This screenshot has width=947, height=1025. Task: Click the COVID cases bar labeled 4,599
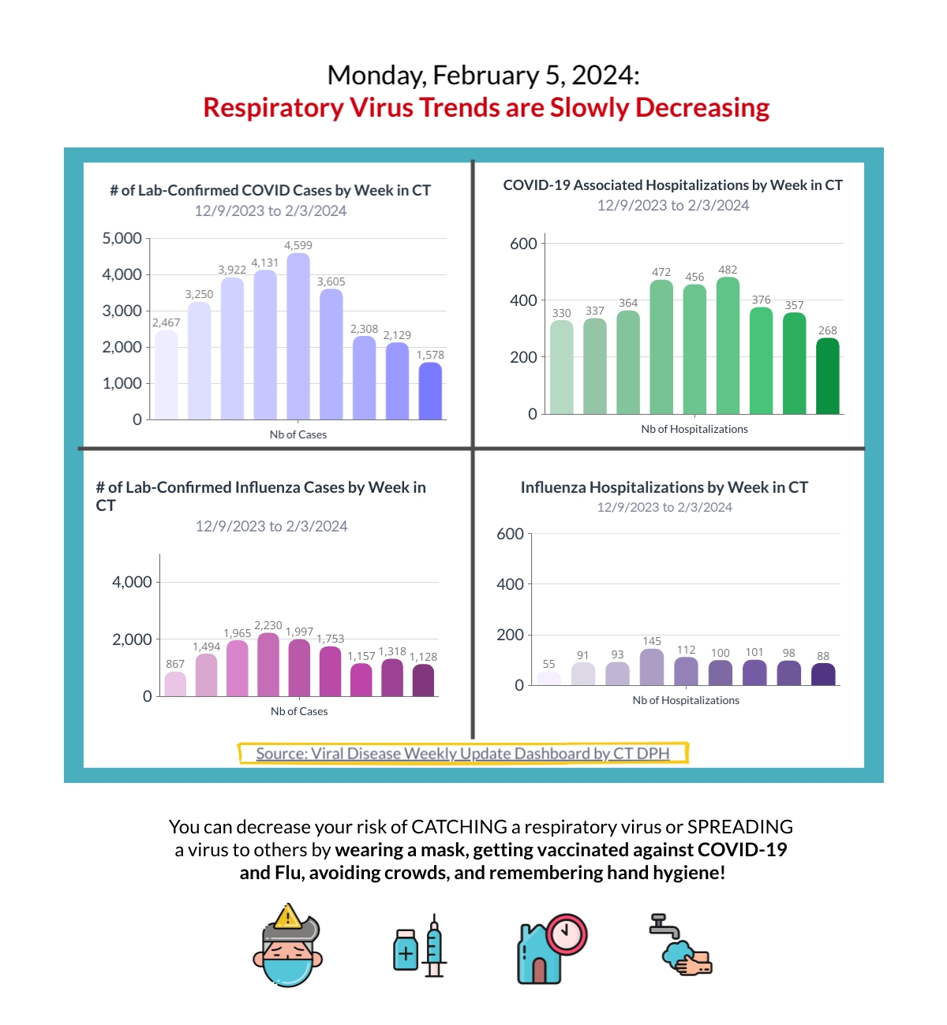[298, 336]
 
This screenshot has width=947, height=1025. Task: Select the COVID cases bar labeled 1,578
[430, 391]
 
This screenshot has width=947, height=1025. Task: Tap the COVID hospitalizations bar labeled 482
[728, 345]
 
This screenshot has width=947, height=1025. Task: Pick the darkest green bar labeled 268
[827, 376]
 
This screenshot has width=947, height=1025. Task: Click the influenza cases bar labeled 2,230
[268, 664]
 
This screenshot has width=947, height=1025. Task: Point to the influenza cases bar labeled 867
[175, 684]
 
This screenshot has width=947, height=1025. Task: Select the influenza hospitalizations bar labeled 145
[652, 667]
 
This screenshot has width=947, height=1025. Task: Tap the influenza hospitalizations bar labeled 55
[548, 678]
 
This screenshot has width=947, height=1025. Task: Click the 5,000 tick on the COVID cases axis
[122, 238]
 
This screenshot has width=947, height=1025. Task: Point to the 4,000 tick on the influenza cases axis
[133, 582]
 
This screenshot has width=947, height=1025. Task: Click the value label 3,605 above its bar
[331, 281]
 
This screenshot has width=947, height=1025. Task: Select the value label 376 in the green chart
[761, 300]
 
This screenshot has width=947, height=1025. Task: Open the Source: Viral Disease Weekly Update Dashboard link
[463, 753]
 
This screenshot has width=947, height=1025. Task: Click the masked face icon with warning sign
[288, 945]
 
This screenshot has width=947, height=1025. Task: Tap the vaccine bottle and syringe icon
[419, 945]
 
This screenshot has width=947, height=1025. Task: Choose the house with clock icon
[552, 948]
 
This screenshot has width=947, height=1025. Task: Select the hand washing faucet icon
[681, 944]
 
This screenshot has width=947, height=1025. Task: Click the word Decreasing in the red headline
[702, 108]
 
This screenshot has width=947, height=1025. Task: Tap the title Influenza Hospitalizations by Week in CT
[664, 487]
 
